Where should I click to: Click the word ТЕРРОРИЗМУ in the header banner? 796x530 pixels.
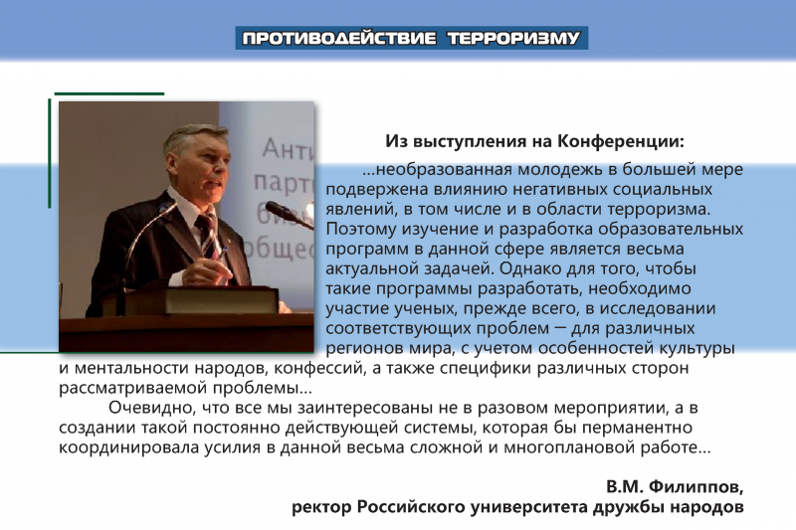[x=513, y=39]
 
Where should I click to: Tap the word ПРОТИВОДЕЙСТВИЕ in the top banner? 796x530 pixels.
[x=339, y=39]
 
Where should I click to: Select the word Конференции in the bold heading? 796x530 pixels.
[x=621, y=141]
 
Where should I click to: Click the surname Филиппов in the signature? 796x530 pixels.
[x=696, y=487]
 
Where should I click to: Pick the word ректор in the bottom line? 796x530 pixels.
[x=321, y=508]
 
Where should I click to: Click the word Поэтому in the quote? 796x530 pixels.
[x=362, y=229]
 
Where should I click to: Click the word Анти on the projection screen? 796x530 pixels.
[x=289, y=149]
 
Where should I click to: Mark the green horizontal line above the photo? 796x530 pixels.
[x=109, y=93]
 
